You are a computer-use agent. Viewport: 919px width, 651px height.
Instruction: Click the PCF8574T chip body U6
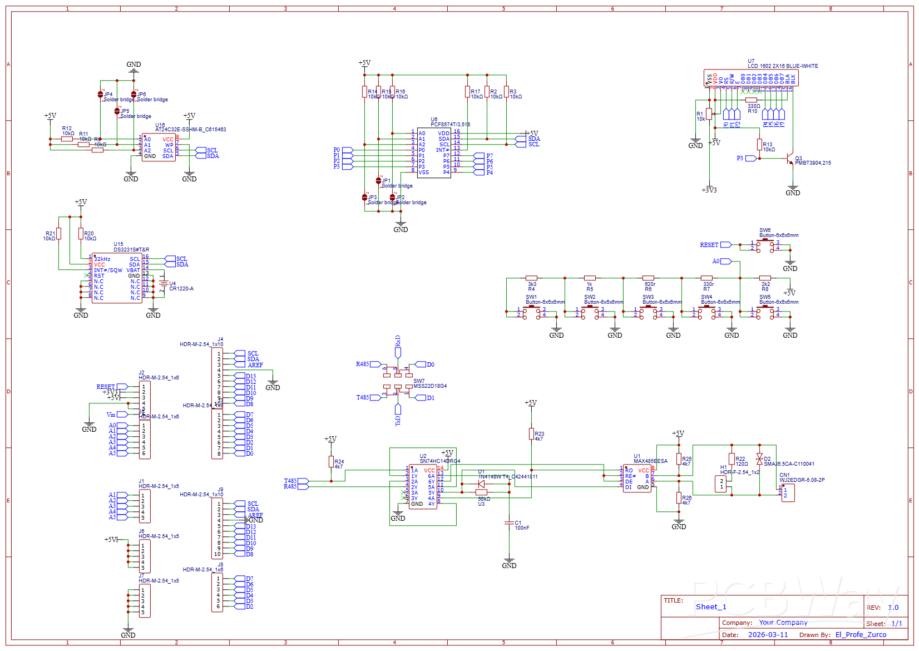pos(434,153)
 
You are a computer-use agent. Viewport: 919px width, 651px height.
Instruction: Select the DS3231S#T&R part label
pos(131,250)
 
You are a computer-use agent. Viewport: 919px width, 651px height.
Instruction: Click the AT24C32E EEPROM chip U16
pos(159,148)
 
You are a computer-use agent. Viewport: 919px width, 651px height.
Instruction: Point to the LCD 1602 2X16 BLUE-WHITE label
pos(783,66)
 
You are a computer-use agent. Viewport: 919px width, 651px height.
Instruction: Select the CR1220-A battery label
pos(181,289)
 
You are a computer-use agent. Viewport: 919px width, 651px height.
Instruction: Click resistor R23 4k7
pos(531,434)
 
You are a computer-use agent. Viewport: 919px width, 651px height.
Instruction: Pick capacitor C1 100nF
pos(509,523)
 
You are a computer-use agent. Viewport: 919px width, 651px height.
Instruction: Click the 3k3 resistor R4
pos(531,278)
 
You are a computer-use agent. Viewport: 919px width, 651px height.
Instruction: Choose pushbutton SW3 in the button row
pos(648,313)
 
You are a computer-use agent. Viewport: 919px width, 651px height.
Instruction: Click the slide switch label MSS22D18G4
pos(430,386)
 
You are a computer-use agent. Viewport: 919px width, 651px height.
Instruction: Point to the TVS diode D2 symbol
pos(759,459)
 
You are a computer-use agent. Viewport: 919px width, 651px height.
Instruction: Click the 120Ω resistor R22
pos(732,459)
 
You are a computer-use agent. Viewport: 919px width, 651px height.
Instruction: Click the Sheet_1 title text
pos(711,607)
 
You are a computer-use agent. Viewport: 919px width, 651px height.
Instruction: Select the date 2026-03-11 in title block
pos(768,635)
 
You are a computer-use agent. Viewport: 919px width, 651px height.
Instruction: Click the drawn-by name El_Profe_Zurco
pos(861,635)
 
